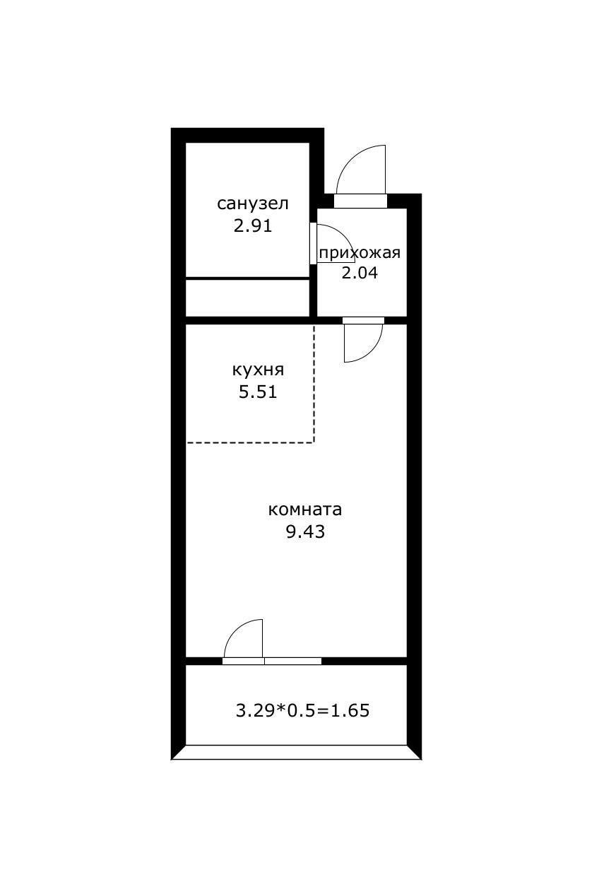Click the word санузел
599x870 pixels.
pyautogui.click(x=253, y=204)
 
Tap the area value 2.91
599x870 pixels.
pyautogui.click(x=253, y=225)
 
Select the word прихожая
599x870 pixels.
pyautogui.click(x=360, y=253)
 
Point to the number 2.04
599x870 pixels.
pyautogui.click(x=360, y=273)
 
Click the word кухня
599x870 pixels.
pyautogui.click(x=258, y=370)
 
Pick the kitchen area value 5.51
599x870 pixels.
pyautogui.click(x=258, y=392)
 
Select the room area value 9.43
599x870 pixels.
pyautogui.click(x=305, y=531)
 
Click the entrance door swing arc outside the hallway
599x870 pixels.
pyautogui.click(x=350, y=158)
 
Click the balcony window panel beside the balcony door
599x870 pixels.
pyautogui.click(x=292, y=661)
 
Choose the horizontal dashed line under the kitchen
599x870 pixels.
pyautogui.click(x=250, y=442)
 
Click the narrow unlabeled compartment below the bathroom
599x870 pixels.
pyautogui.click(x=247, y=298)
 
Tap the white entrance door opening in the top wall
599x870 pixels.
pyautogui.click(x=360, y=201)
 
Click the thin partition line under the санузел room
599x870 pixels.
pyautogui.click(x=247, y=278)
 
